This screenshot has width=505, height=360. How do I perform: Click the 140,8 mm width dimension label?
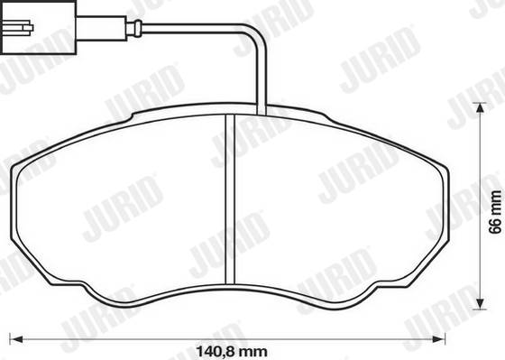coord(232,351)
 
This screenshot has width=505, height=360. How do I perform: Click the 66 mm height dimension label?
coord(495,212)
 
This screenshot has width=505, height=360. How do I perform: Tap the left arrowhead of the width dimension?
coord(17,339)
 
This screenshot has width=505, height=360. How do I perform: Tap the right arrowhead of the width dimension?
coord(438,339)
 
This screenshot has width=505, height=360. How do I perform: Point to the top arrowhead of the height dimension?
coord(480,108)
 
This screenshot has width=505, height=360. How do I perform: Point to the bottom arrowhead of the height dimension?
coord(480,303)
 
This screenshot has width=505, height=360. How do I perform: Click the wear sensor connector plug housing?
coord(39,27)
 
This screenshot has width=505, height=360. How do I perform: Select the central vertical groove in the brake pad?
coord(230,199)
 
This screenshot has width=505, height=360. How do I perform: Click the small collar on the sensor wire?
coord(138,28)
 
